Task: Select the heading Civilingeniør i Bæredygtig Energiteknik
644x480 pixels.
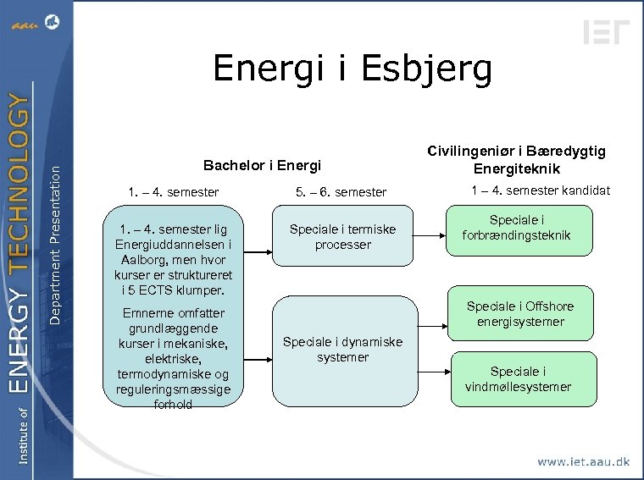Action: coord(516,159)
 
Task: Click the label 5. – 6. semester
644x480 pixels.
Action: coord(341,192)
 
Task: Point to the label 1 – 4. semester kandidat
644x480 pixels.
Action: coord(541,190)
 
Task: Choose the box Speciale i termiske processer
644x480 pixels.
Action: coord(342,237)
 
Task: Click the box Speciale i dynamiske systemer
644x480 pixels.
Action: coord(342,350)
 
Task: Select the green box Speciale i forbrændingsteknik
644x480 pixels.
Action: coord(518,228)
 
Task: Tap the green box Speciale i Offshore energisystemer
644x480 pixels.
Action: coord(519,314)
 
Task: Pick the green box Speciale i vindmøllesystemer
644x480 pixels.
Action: coord(518,379)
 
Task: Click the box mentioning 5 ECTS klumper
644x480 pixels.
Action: coord(174,259)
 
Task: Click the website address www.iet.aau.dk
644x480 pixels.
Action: coord(583,462)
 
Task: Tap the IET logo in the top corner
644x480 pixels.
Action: coord(607,31)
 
